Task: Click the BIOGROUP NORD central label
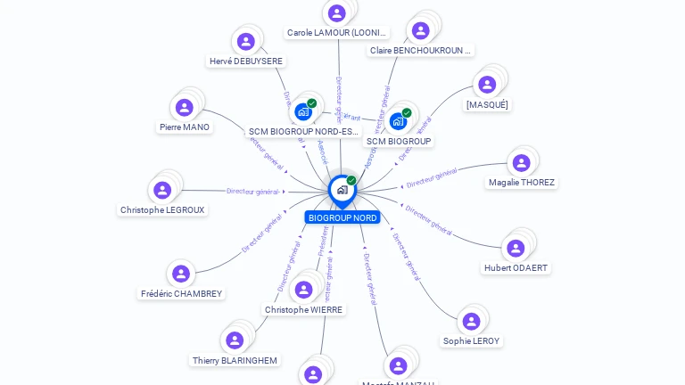tap(342, 217)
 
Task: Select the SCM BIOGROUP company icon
tap(398, 120)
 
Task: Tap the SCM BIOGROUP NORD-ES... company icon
tap(303, 111)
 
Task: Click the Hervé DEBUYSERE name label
tap(245, 61)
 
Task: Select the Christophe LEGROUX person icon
tap(162, 190)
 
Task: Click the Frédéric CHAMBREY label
tap(181, 293)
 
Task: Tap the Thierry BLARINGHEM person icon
tap(235, 340)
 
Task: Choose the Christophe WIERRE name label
tap(303, 310)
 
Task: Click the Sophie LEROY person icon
tap(472, 321)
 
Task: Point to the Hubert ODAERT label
tap(516, 267)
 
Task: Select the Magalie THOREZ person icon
tap(522, 163)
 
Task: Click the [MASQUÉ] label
tap(487, 104)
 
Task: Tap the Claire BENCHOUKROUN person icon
tap(421, 30)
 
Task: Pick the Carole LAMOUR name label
tap(337, 33)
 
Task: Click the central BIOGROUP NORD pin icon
tap(342, 189)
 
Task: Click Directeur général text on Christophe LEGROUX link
tap(253, 191)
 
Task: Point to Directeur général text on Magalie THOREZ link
tap(432, 178)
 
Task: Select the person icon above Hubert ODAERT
tap(516, 248)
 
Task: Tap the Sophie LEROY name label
tap(472, 340)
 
